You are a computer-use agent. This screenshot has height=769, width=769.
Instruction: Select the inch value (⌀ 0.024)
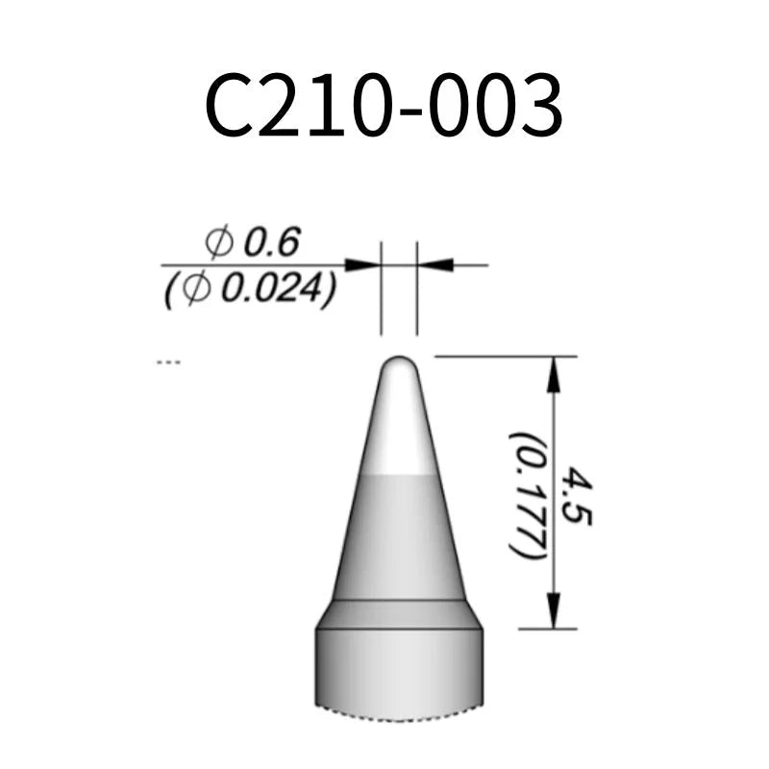pos(250,289)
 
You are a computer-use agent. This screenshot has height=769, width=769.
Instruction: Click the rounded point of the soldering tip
pos(399,364)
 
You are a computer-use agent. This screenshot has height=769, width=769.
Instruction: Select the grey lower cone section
pos(399,538)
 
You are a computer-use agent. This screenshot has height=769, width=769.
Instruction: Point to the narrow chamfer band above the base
pos(399,614)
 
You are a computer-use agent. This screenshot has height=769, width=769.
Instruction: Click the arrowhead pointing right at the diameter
pos(362,264)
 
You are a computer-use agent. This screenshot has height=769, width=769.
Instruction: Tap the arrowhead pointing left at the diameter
pos(435,264)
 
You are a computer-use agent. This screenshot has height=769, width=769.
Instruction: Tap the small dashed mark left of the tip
pos(168,362)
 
